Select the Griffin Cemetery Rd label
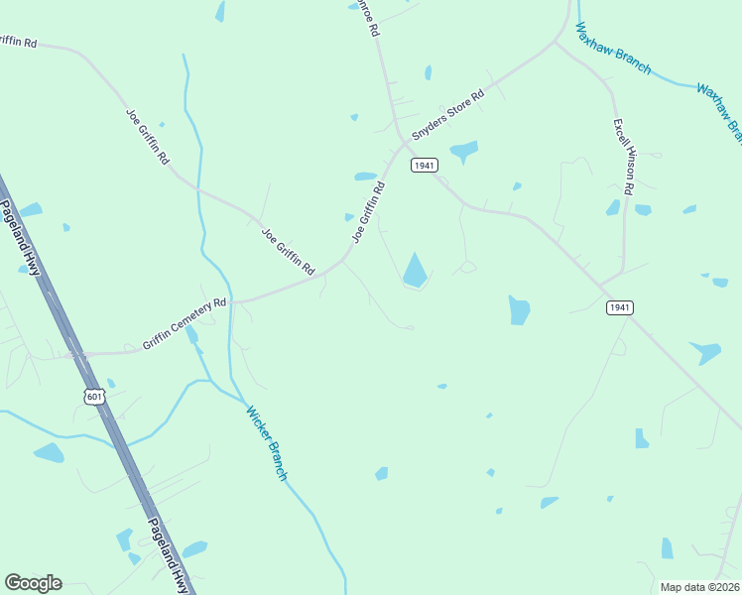185,323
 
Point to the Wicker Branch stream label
266,444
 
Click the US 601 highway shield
94,397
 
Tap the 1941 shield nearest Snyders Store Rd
424,166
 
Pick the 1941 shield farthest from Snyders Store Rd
619,308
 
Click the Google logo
33,583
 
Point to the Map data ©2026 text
700,587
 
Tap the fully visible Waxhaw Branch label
614,48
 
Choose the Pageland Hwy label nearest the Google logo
168,556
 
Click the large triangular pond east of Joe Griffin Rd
416,271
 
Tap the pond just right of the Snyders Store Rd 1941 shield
463,152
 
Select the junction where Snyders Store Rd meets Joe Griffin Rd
404,142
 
